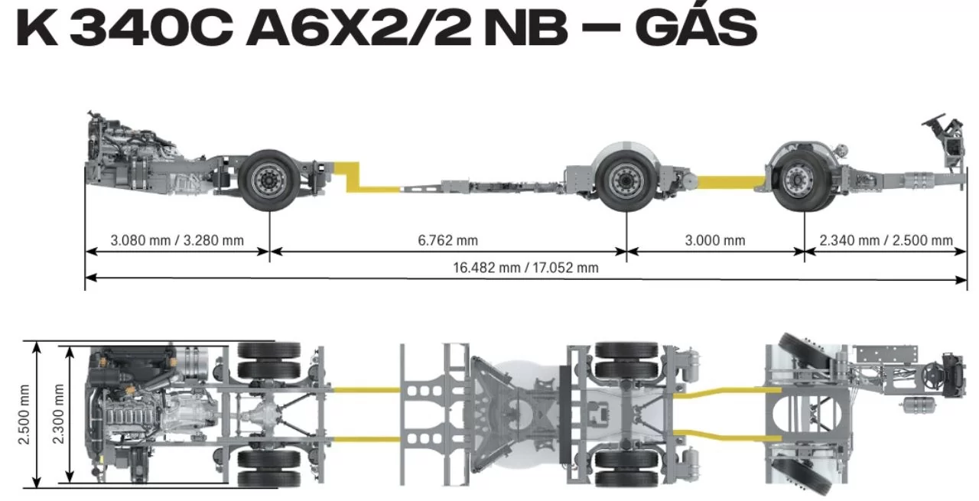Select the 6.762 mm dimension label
(x=447, y=240)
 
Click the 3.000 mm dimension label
(x=714, y=240)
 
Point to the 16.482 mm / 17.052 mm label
(x=525, y=268)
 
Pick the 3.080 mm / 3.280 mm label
(x=177, y=240)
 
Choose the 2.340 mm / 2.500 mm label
(x=886, y=240)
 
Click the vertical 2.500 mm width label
(x=24, y=415)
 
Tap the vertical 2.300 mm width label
(x=58, y=414)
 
